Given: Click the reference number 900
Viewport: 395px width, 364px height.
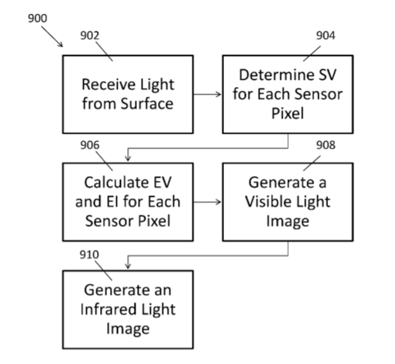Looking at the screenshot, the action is (38, 18).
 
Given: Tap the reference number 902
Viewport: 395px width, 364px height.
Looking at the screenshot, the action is (90, 35).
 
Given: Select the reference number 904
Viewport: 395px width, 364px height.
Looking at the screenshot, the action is (326, 35).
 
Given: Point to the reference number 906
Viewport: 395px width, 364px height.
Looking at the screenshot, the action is (90, 145).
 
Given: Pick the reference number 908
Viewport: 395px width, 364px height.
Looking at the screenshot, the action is (326, 145).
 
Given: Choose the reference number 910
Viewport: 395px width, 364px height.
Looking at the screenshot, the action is (89, 255).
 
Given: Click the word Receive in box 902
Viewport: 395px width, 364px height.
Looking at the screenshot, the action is (107, 85).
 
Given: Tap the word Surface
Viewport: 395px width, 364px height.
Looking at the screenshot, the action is (147, 104).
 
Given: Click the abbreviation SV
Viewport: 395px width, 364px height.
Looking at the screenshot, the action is (327, 75).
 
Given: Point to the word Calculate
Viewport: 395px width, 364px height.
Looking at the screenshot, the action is (117, 182).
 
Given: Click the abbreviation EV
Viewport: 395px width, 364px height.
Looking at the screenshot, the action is (162, 182).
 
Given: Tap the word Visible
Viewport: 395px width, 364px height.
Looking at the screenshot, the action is (267, 202).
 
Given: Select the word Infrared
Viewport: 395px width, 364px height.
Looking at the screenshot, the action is (108, 309).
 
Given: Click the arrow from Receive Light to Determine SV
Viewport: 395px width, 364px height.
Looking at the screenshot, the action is (207, 95).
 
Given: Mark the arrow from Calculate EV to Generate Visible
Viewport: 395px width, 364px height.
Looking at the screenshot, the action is (207, 202).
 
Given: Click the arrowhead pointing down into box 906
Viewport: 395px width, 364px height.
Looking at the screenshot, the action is (128, 159).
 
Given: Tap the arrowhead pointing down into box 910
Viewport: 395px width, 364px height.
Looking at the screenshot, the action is (128, 266).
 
